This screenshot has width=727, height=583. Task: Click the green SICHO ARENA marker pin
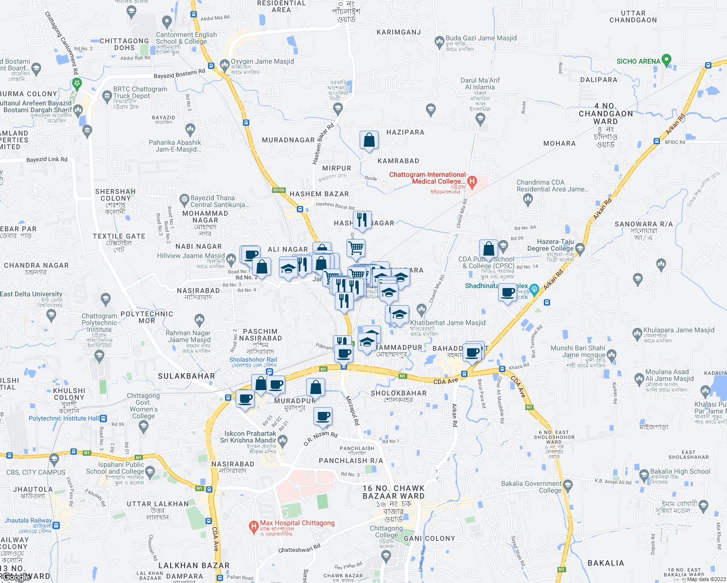[666, 60]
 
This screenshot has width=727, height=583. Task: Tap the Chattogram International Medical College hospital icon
[471, 182]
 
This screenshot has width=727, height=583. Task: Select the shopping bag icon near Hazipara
[369, 140]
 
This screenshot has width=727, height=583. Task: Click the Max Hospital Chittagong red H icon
[253, 526]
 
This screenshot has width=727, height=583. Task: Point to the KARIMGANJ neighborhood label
[398, 33]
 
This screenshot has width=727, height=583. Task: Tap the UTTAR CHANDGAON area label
[633, 17]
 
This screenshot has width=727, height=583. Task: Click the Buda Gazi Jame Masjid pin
[439, 41]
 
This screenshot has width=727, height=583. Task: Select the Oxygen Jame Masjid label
[262, 62]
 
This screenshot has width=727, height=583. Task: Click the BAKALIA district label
[606, 563]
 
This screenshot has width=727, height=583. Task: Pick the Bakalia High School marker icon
[644, 474]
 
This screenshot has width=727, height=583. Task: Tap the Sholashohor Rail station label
[253, 360]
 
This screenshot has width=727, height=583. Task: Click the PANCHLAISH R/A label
[351, 461]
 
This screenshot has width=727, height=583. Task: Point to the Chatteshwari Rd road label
[299, 549]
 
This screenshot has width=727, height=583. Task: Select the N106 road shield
[278, 190]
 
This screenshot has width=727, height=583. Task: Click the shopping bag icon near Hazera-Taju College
[489, 249]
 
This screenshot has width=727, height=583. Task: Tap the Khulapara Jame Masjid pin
[638, 334]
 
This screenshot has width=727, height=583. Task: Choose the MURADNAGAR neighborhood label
[288, 140]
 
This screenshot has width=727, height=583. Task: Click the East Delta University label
[31, 294]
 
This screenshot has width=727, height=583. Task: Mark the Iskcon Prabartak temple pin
[283, 440]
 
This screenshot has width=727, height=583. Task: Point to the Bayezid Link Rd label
[47, 159]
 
